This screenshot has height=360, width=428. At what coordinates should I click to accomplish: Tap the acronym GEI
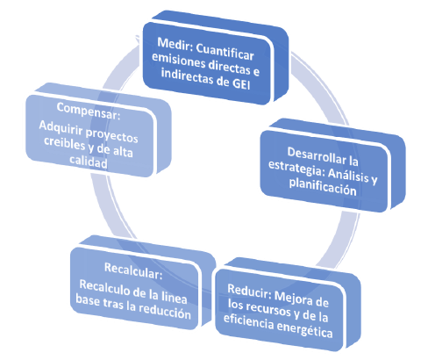(241, 84)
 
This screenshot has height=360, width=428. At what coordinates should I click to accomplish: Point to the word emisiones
(175, 60)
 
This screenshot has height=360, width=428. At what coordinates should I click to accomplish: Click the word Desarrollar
(317, 155)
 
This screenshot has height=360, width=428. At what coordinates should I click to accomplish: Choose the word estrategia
(296, 168)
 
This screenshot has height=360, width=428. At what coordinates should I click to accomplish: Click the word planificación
(323, 186)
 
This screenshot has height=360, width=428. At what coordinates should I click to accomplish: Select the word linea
(175, 297)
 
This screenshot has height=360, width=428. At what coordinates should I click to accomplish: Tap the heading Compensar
(89, 111)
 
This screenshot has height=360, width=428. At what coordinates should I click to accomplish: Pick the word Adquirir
(61, 127)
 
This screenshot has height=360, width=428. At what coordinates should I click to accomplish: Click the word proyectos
(111, 135)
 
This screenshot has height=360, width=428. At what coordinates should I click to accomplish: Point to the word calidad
(89, 162)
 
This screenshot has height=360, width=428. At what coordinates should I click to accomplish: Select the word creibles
(64, 142)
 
